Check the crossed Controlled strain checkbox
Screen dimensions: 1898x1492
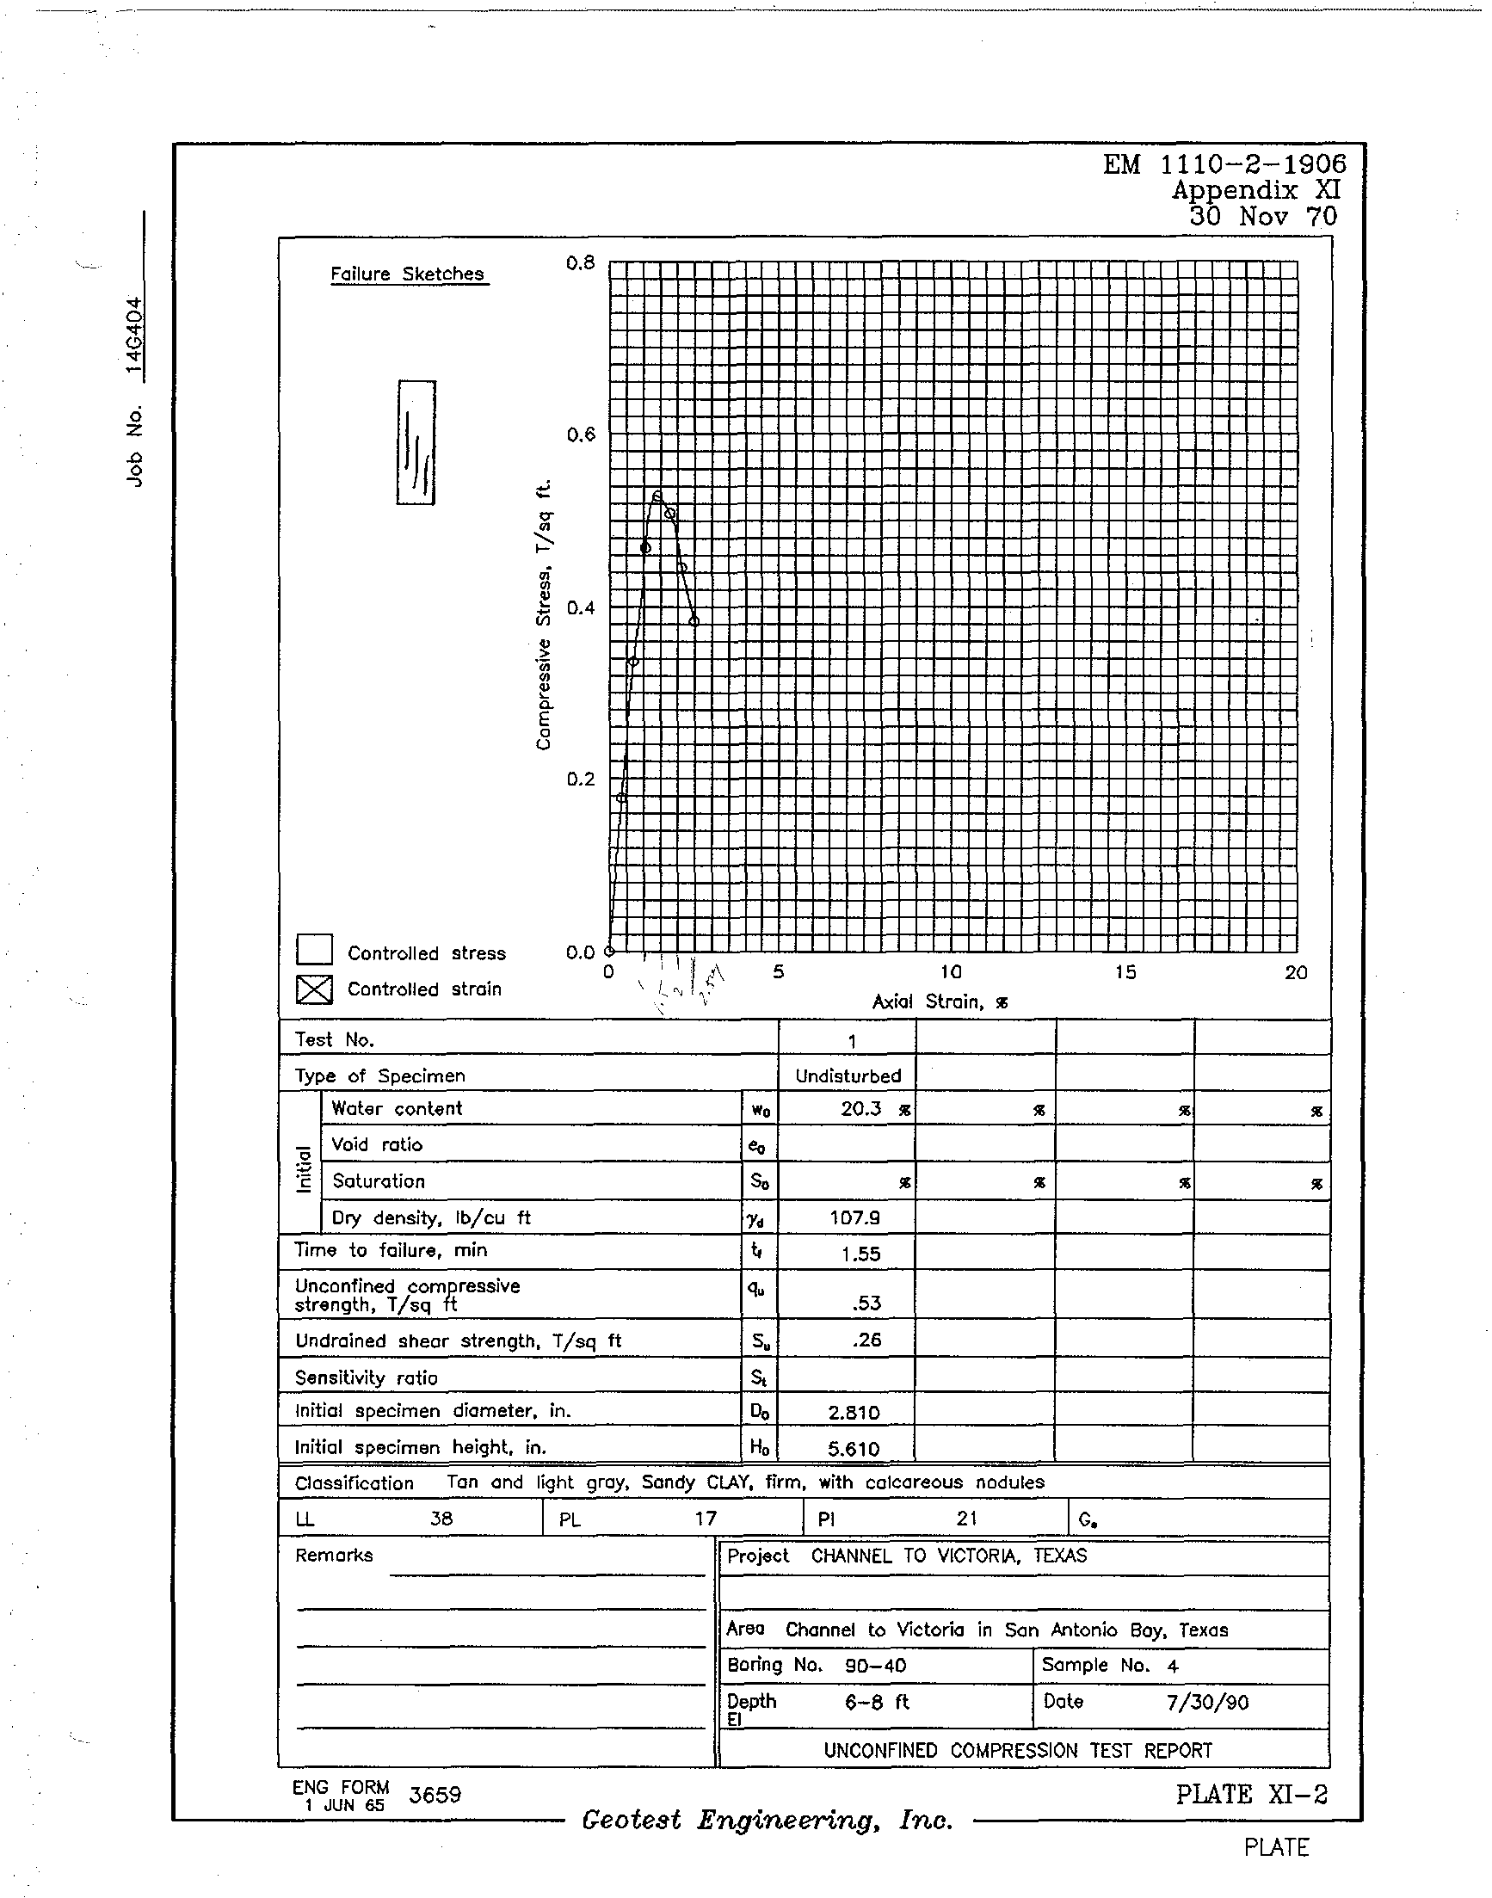coord(314,989)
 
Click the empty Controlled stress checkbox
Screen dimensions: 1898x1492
coord(314,950)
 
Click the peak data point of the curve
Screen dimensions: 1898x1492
coord(657,496)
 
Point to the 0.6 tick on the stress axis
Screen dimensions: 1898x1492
coord(580,435)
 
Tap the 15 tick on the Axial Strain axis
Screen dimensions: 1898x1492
coord(1125,972)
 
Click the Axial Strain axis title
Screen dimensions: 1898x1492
coord(940,1001)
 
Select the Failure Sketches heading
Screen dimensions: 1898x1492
coord(407,274)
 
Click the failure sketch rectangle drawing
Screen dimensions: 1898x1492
coord(416,442)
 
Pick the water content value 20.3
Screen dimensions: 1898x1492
coord(861,1108)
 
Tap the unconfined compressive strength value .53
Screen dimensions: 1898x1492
coord(866,1303)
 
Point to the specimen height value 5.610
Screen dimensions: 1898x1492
coord(854,1449)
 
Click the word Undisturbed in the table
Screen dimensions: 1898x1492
coord(848,1076)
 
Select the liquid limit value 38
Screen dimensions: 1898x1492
coord(441,1519)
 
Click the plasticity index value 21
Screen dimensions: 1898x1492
coord(966,1519)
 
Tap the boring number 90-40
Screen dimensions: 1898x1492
coord(875,1666)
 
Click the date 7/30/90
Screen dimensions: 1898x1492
coord(1207,1703)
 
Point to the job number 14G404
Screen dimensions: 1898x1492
coord(133,336)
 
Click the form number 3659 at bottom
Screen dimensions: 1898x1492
coord(435,1795)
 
